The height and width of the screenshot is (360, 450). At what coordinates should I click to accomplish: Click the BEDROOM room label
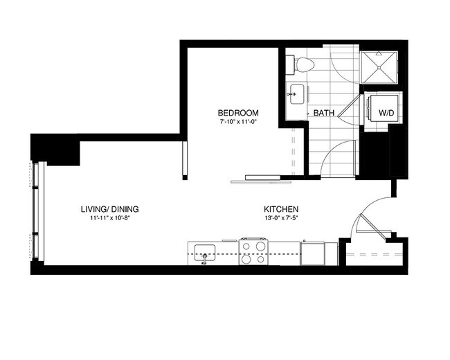click(238, 113)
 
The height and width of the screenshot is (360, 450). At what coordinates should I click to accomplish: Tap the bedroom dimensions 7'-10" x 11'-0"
click(238, 122)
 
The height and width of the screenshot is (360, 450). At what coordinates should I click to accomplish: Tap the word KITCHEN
click(281, 208)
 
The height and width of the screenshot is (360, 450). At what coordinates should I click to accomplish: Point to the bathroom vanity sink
click(296, 91)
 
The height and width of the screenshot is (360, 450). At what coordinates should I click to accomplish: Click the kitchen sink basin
click(205, 251)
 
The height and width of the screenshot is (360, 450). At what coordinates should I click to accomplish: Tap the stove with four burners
click(253, 251)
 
